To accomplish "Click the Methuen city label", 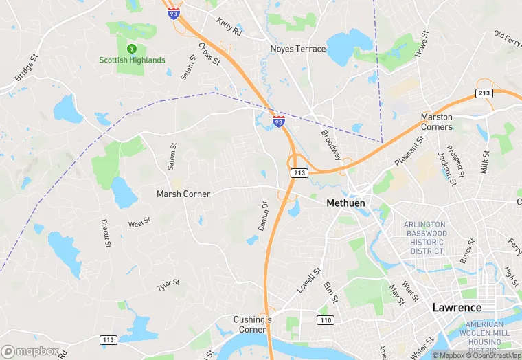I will point(345,203).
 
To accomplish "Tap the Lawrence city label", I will point(457,307).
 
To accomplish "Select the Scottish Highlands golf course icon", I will point(132,49).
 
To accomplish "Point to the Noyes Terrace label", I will point(297,49).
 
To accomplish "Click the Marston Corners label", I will point(437,122).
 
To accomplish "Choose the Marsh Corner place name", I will point(183,194).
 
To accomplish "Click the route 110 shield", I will point(325,321).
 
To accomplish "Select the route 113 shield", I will point(108,339).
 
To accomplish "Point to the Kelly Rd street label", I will point(229,27).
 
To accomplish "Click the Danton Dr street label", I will point(264,215).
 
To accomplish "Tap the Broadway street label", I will point(331,141).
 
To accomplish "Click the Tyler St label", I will point(168,283).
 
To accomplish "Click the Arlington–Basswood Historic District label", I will point(427,238).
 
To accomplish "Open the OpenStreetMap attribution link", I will point(493,355).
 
